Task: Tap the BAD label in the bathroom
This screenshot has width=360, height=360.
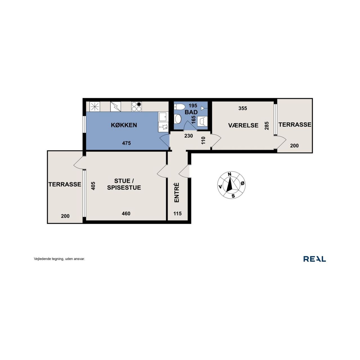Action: coord(191,112)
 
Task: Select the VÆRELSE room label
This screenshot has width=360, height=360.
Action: coord(243,125)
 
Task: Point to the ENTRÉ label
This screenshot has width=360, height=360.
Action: coord(177,192)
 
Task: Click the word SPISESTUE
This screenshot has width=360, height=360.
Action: coord(124,188)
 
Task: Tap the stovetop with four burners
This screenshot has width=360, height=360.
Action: coord(136,107)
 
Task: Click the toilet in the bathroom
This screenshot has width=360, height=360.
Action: coord(179,107)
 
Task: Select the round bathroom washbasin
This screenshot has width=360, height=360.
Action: coord(177,119)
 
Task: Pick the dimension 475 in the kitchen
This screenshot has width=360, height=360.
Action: coord(127,143)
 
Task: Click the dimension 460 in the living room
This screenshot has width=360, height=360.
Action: coord(126,213)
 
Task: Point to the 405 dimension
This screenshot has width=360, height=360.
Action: coord(93,186)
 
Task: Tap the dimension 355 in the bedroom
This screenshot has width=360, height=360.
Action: coord(243,108)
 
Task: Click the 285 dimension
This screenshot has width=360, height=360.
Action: coord(267,126)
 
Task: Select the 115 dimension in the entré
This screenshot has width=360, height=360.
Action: coord(177,213)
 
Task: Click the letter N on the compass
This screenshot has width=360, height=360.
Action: coord(229,174)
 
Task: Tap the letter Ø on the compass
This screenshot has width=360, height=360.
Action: coord(242,183)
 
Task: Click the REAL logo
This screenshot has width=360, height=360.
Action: coord(315,259)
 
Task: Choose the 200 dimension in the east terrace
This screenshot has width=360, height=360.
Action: coord(294,145)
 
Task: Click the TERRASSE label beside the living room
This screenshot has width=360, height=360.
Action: coord(65,184)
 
